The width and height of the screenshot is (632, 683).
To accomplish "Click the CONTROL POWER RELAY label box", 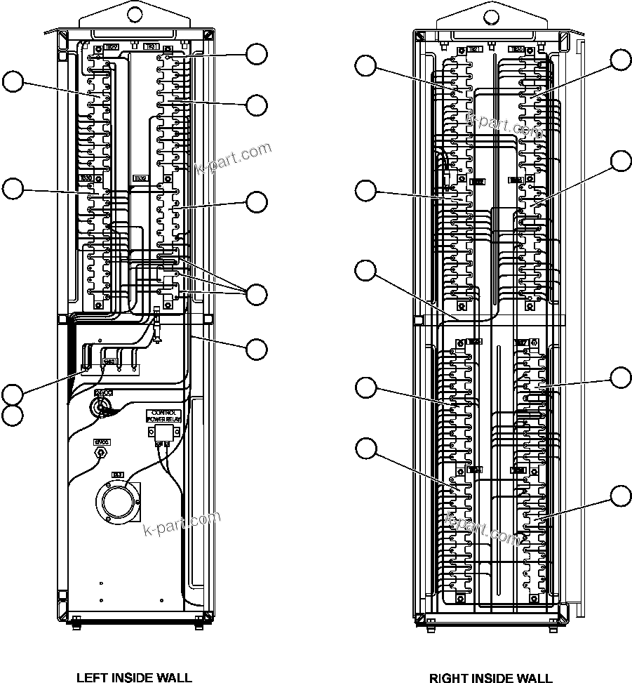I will point(163,415).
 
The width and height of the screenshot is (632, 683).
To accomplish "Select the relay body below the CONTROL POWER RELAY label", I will point(163,431).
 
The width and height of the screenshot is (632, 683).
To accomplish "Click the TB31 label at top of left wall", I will point(152,47).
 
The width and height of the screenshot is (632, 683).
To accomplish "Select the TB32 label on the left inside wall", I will point(139,179).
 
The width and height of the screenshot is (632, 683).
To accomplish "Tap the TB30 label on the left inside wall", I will point(86,179).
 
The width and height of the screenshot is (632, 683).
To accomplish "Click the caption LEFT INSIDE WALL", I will point(133,677).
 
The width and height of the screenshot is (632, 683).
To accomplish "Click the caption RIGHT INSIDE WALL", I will point(490,677).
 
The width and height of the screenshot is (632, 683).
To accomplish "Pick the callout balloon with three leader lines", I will point(257,295).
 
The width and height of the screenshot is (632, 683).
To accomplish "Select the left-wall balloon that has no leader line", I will point(12,414).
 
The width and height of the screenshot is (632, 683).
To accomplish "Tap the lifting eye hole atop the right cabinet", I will point(490,11).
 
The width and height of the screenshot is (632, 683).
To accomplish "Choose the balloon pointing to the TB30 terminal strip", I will point(12,188).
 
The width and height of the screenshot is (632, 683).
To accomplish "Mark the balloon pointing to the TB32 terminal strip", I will point(257,201).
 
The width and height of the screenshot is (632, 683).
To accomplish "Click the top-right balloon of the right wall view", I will point(620,60).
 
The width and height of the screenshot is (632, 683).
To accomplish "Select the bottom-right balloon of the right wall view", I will point(620,496).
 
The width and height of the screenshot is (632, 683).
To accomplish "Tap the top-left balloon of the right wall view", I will point(365,65).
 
